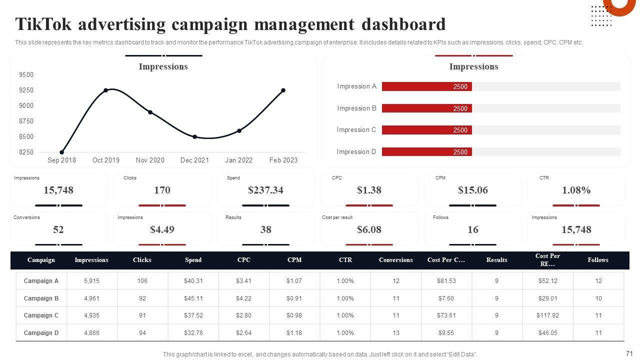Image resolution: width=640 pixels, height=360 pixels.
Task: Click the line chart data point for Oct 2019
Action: click(x=106, y=90)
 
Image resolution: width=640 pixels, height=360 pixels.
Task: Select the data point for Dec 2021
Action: click(x=194, y=136)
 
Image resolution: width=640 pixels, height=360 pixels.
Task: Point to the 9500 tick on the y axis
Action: click(x=26, y=75)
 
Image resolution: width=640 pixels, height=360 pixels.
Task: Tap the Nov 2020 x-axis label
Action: click(x=150, y=160)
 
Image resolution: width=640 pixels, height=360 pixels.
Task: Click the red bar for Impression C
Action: click(x=426, y=130)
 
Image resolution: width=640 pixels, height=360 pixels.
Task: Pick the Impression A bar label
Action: click(x=356, y=86)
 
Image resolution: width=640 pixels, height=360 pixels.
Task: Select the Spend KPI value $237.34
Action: click(x=265, y=190)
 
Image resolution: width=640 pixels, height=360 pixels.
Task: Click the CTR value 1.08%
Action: click(x=576, y=190)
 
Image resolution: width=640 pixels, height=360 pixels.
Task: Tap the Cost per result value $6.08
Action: click(x=369, y=229)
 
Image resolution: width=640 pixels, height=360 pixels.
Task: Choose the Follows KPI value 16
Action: click(x=472, y=229)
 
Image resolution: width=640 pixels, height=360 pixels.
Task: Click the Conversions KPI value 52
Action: click(x=58, y=229)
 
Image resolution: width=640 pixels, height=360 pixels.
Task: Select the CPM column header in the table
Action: click(x=294, y=260)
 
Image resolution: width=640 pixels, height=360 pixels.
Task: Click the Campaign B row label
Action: click(x=41, y=298)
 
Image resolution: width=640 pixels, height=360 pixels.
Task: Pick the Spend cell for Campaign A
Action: click(x=193, y=281)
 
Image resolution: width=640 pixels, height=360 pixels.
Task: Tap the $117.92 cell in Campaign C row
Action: click(x=548, y=315)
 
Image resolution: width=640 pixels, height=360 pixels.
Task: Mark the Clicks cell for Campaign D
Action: click(x=142, y=333)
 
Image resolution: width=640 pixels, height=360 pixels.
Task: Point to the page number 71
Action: click(x=629, y=353)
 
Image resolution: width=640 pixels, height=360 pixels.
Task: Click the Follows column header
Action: click(x=598, y=260)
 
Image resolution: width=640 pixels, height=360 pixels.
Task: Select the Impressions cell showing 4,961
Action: click(x=91, y=298)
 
